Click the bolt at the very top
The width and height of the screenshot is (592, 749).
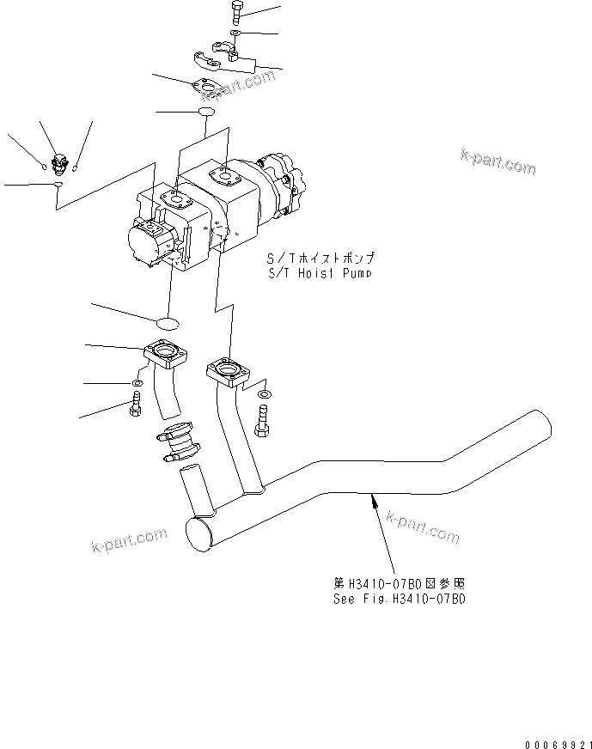(x=237, y=13)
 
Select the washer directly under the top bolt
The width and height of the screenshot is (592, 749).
(x=235, y=33)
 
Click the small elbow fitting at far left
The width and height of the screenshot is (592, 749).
(x=61, y=161)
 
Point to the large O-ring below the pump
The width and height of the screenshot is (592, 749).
(x=168, y=322)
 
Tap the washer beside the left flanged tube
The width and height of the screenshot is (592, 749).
(x=137, y=382)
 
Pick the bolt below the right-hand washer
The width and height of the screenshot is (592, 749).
(x=262, y=421)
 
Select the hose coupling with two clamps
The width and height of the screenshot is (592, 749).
(x=178, y=440)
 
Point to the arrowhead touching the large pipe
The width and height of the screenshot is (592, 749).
(x=373, y=498)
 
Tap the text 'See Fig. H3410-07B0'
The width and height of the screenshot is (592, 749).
(x=400, y=597)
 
